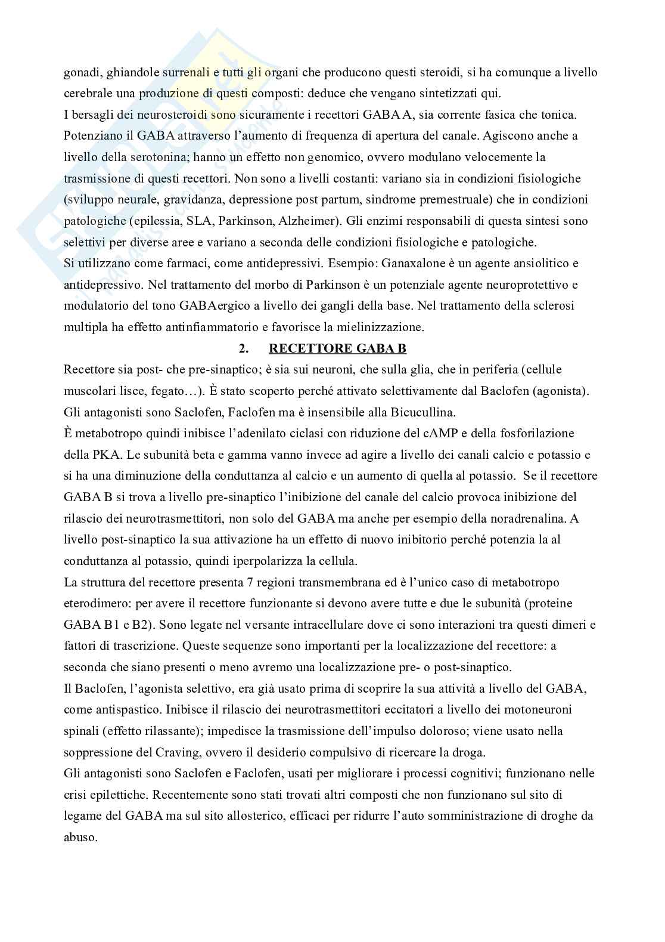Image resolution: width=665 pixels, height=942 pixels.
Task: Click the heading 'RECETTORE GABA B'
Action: tap(338, 348)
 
